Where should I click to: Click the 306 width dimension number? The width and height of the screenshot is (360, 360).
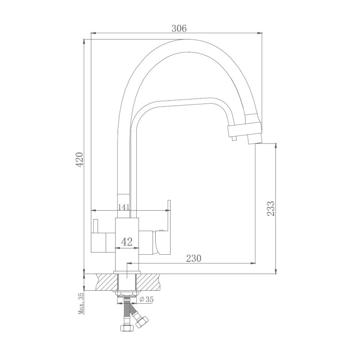click(x=179, y=27)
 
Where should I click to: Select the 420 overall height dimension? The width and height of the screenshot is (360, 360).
click(x=79, y=160)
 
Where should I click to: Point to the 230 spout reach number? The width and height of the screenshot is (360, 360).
click(x=193, y=258)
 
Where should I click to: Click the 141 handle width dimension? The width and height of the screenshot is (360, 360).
click(x=124, y=207)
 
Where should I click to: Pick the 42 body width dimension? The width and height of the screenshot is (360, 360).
click(x=127, y=242)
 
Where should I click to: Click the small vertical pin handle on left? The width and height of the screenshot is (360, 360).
click(x=95, y=227)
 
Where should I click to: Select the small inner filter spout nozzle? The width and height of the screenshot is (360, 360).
click(x=233, y=140)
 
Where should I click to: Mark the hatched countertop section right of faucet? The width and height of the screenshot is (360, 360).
click(x=151, y=282)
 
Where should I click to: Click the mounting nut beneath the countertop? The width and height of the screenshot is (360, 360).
click(x=128, y=294)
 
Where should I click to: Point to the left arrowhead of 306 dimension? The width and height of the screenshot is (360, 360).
click(x=93, y=33)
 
